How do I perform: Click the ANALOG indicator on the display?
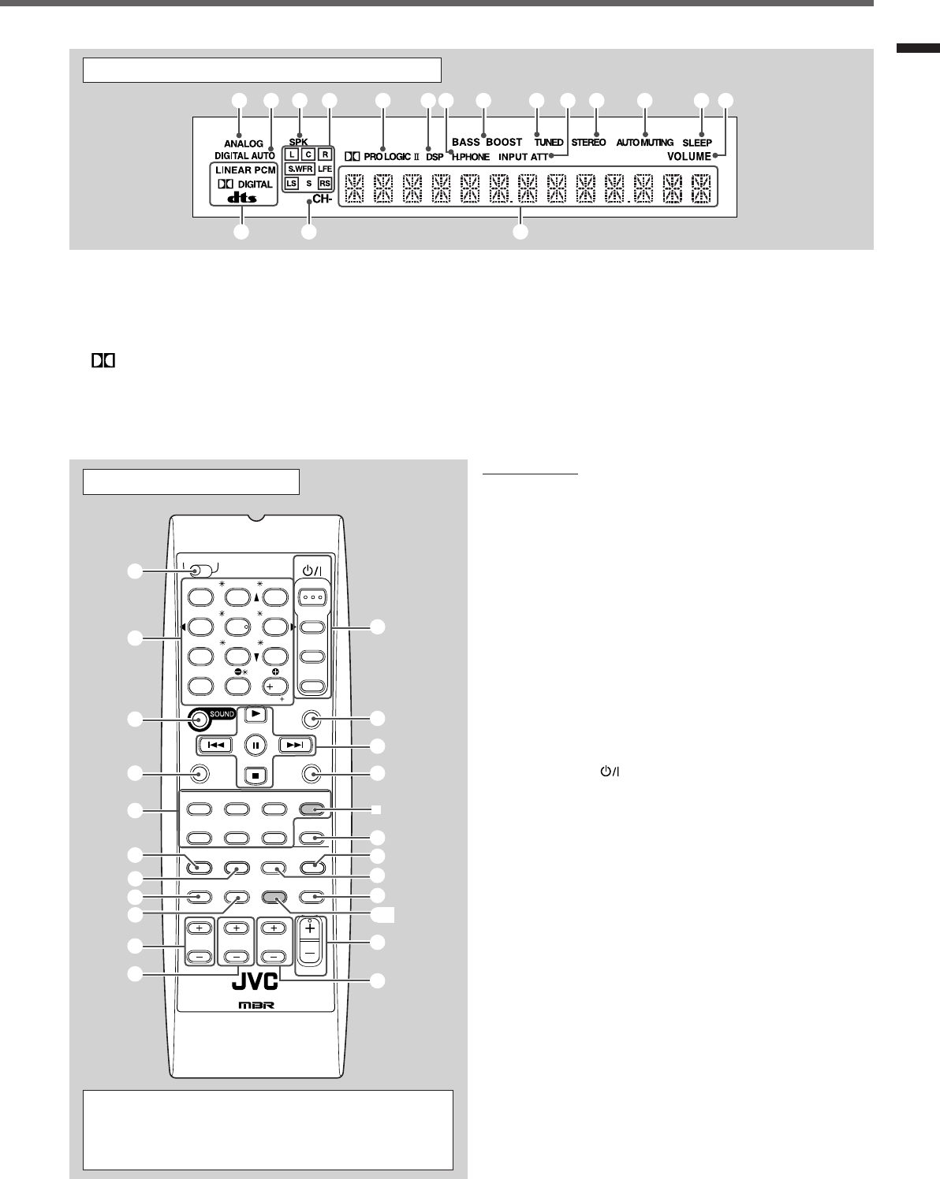243,143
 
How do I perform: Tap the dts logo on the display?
243,198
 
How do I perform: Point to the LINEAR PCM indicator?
244,169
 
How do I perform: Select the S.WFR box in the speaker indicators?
300,169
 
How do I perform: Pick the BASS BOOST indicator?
487,142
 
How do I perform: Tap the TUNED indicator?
548,143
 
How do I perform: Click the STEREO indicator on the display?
588,143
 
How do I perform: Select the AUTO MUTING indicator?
644,143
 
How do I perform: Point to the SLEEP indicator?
697,143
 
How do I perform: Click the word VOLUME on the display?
688,156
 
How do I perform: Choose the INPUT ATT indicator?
523,157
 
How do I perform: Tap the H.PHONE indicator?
471,157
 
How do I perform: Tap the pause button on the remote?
256,745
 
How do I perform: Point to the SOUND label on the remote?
222,714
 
